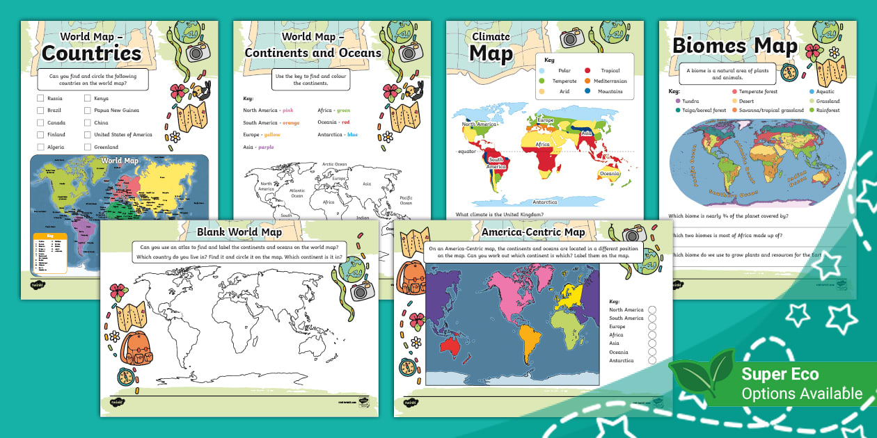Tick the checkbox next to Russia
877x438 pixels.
pos(41,98)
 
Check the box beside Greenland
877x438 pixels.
pos(88,147)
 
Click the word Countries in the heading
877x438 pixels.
pos(91,53)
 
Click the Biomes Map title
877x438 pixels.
pos(734,47)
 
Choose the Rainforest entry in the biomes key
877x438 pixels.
pos(828,110)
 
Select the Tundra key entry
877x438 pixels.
pos(690,101)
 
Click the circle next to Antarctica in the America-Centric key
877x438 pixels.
pos(651,360)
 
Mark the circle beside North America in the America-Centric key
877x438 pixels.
pos(651,310)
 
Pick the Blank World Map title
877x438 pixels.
pos(239,232)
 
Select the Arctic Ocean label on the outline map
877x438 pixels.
pos(334,164)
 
